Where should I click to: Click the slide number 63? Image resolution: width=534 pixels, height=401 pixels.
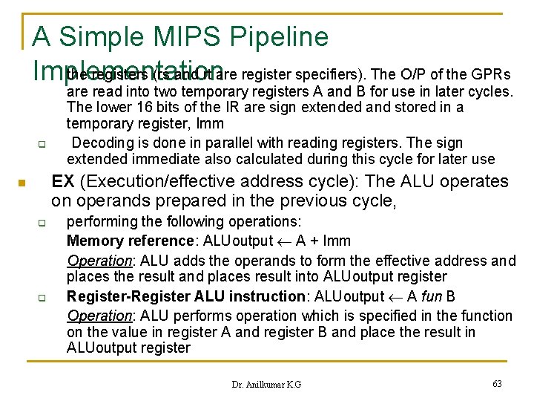tap(497, 383)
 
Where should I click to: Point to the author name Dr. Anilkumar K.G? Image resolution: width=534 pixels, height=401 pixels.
tap(266, 384)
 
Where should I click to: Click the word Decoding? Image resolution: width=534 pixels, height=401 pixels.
tap(104, 143)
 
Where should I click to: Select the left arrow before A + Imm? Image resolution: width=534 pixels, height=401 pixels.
tap(288, 241)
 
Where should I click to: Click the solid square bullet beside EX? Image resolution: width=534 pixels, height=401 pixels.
tap(23, 183)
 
